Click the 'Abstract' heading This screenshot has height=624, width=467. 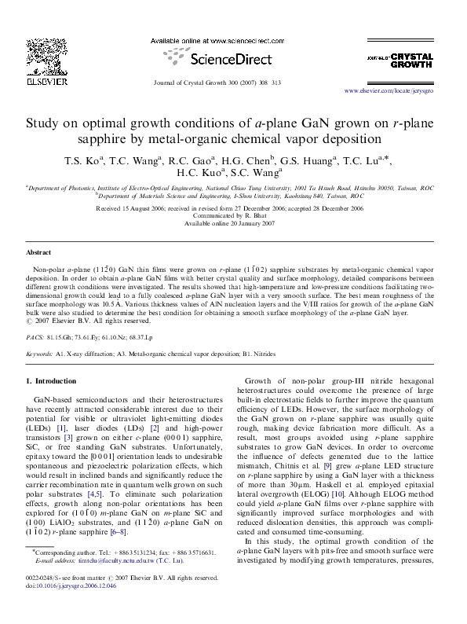point(39,253)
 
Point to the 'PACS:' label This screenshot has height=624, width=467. point(35,336)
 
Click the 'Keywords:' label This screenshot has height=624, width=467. point(40,355)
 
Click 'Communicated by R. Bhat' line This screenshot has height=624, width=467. point(233,217)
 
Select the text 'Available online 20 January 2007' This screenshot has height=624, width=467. point(233,224)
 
